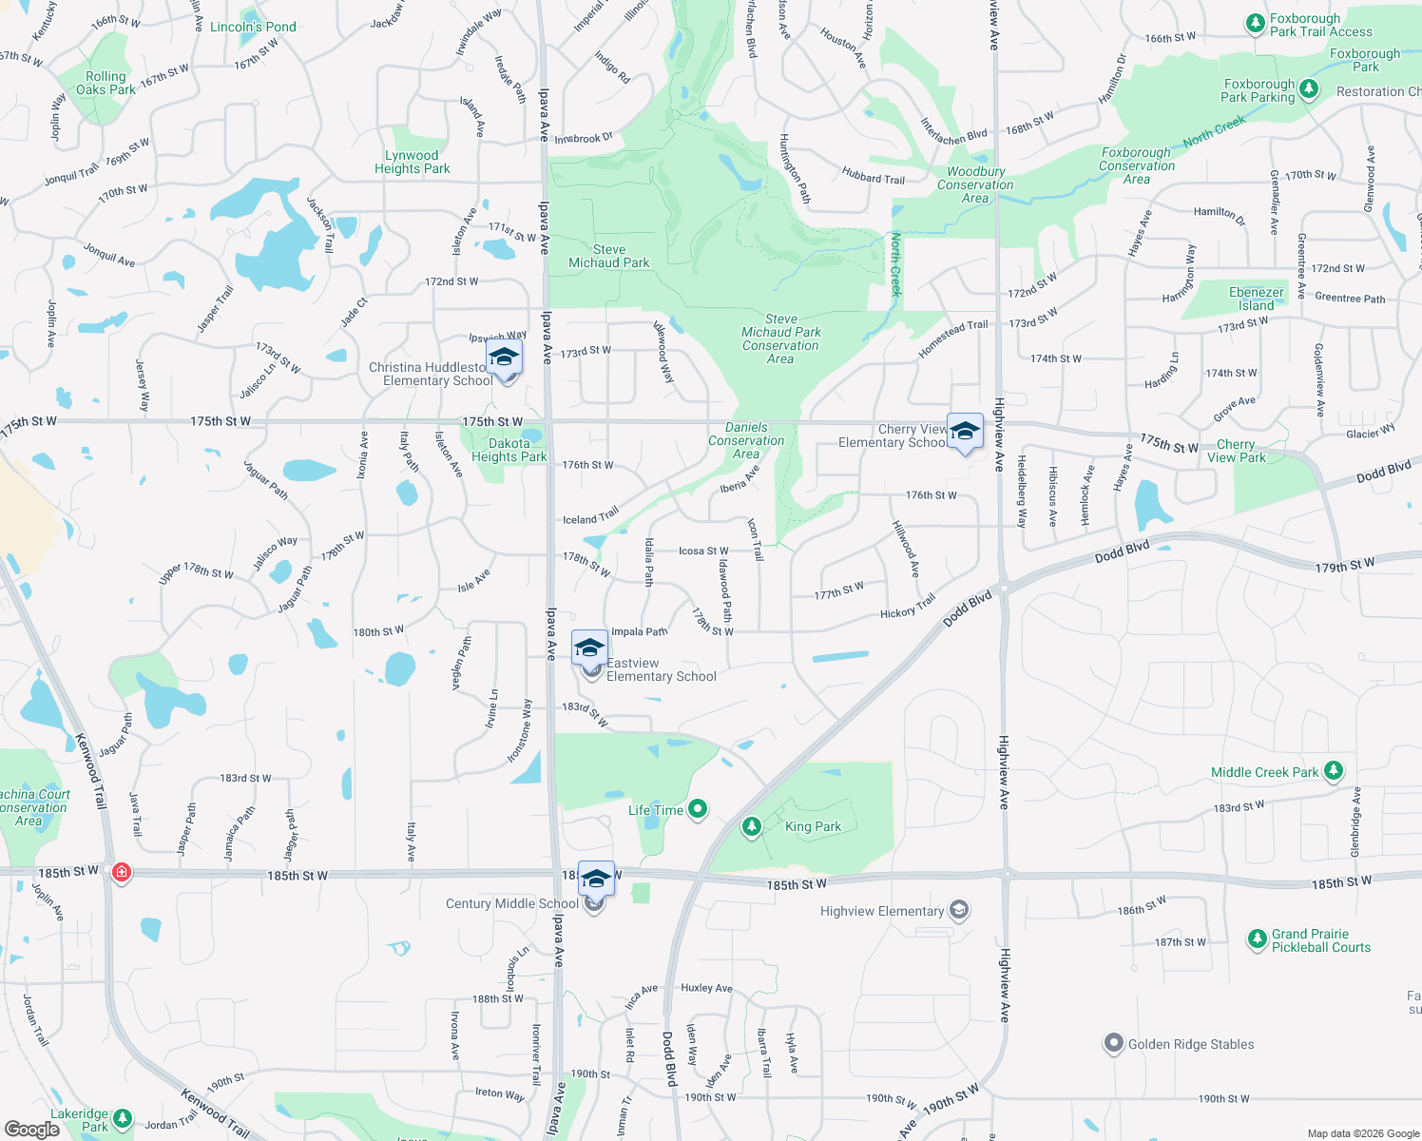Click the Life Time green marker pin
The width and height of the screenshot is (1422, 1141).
click(x=698, y=809)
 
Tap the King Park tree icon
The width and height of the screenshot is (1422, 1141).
click(x=752, y=826)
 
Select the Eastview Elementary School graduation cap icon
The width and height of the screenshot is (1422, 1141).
click(x=589, y=648)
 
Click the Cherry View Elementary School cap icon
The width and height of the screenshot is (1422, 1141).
click(x=965, y=432)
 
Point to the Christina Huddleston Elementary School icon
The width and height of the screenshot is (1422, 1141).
click(x=504, y=358)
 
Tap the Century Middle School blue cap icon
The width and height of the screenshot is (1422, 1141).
click(x=596, y=880)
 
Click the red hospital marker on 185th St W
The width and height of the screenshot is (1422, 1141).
click(x=121, y=871)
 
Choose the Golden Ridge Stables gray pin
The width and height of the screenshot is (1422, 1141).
click(x=1113, y=1043)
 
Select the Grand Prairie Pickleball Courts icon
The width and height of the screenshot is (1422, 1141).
click(x=1257, y=940)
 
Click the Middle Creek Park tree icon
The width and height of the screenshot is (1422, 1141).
click(x=1334, y=771)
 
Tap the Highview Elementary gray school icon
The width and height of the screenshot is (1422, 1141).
click(x=959, y=911)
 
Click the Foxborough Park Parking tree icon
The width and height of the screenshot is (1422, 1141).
click(x=1309, y=89)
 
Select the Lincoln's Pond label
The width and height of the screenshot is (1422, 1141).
click(x=253, y=27)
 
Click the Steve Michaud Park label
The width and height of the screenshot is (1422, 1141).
click(x=609, y=256)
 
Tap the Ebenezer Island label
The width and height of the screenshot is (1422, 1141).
click(x=1256, y=299)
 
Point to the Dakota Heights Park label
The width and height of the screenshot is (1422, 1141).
click(x=509, y=450)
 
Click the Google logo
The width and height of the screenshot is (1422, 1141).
click(x=31, y=1129)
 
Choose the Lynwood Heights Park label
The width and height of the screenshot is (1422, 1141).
click(x=412, y=162)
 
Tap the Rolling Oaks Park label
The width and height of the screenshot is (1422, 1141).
click(x=106, y=83)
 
